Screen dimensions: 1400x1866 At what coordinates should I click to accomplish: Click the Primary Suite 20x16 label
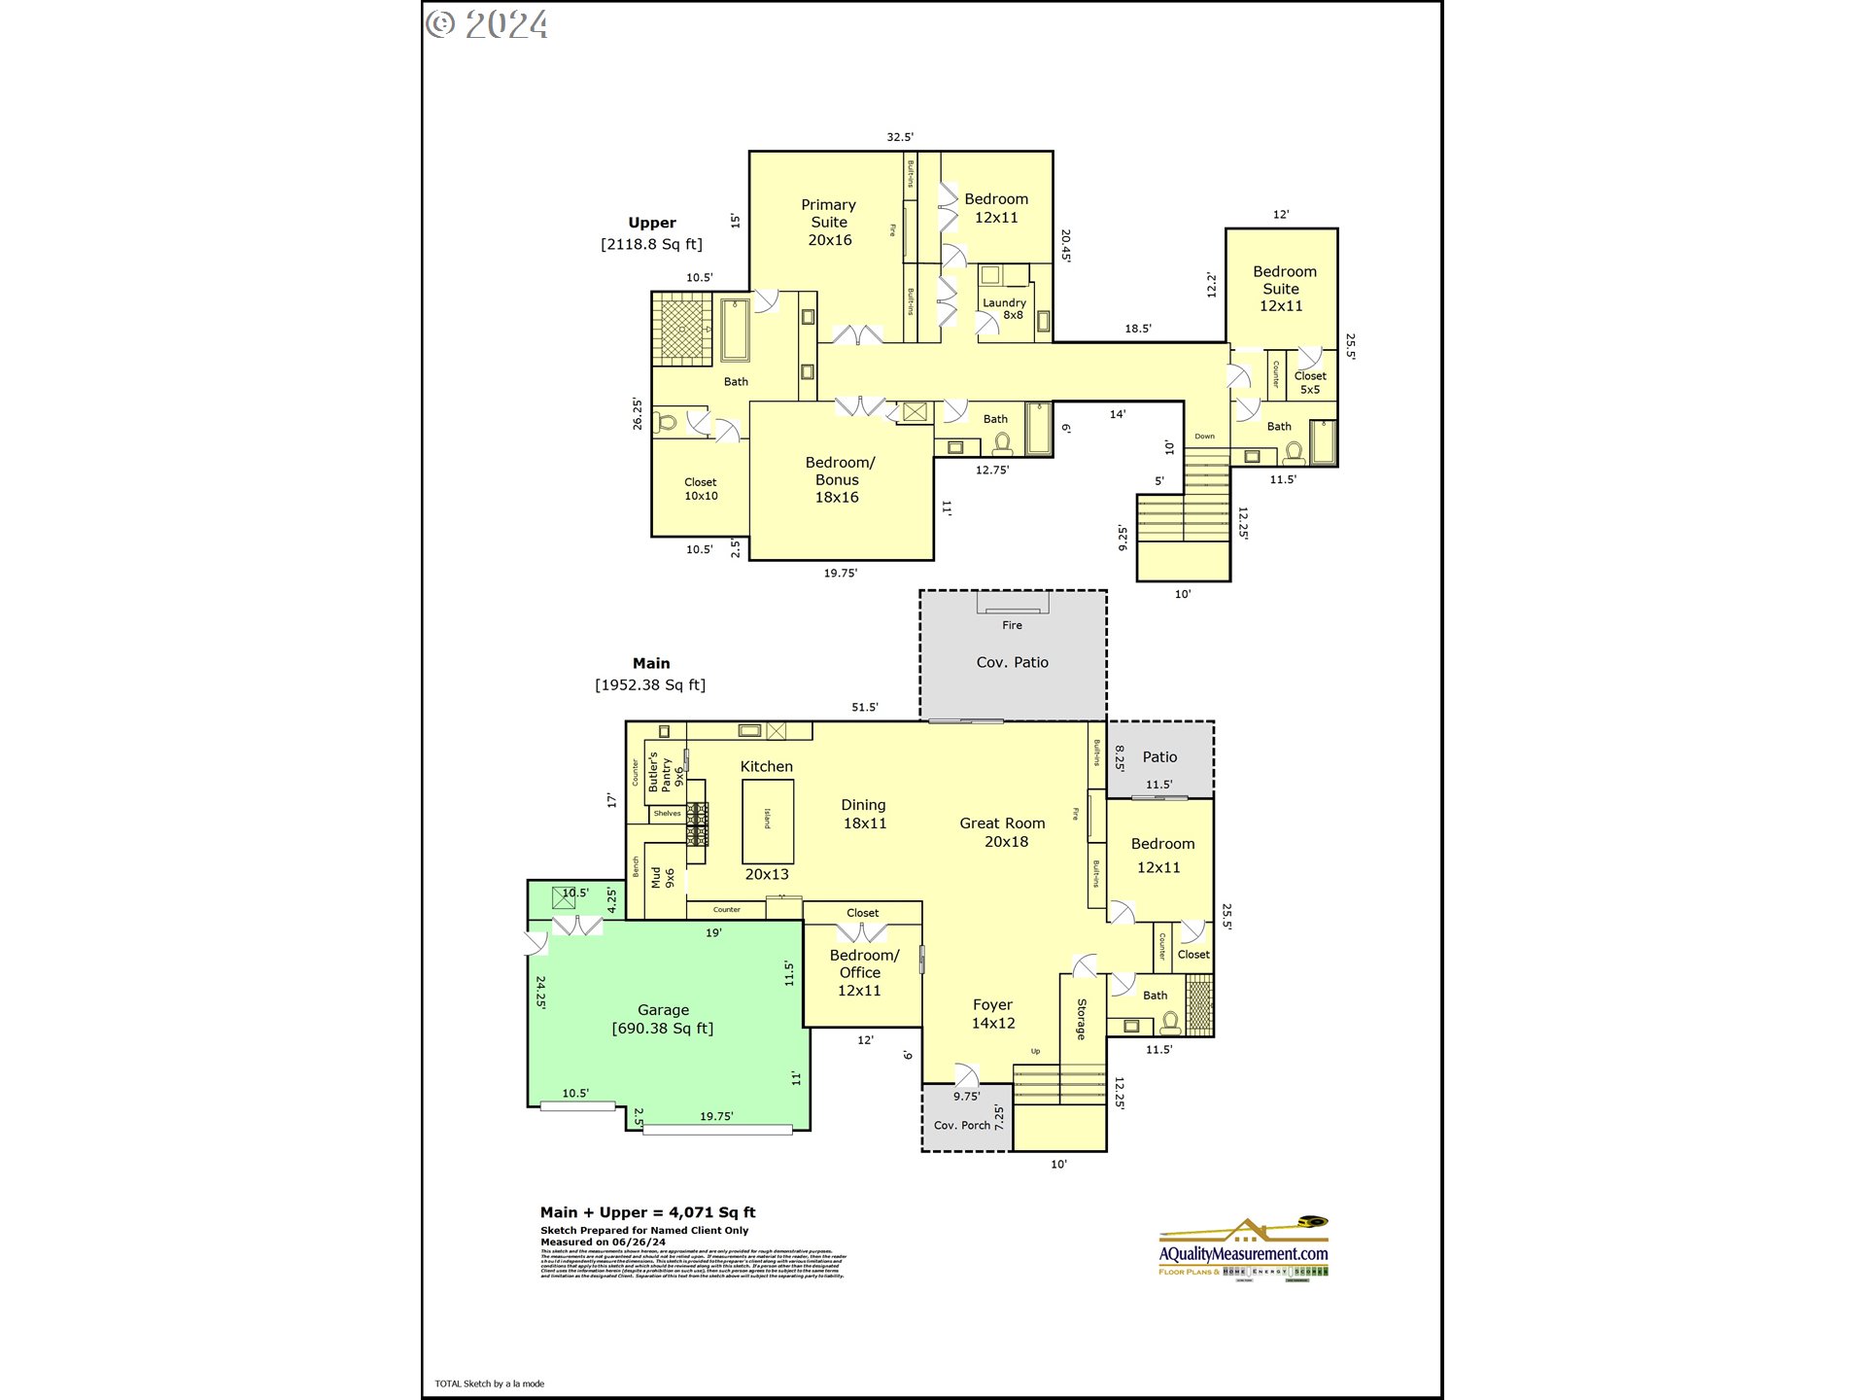tap(829, 223)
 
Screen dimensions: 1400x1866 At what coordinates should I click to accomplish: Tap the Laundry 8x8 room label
tap(1004, 308)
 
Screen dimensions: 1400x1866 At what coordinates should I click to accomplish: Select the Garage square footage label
tap(663, 1029)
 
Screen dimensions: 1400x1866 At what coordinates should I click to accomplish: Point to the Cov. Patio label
tap(1012, 662)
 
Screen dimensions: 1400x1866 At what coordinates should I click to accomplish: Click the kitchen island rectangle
tap(768, 821)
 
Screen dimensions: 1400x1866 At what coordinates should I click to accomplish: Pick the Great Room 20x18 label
tap(1003, 832)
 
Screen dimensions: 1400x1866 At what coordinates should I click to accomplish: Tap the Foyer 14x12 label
tap(992, 1014)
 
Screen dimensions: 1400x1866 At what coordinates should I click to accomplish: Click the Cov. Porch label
tap(961, 1125)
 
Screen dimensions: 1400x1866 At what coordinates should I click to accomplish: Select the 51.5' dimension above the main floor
tap(864, 707)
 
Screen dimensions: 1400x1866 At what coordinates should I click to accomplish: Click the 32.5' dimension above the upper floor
tap(899, 137)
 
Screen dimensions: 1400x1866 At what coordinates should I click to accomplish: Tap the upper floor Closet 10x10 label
tap(701, 489)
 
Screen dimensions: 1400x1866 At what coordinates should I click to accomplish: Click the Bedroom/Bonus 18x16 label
tap(838, 479)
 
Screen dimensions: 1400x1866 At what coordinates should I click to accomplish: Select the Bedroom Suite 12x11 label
tap(1283, 289)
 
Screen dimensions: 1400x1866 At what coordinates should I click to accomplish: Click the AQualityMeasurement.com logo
tap(1243, 1250)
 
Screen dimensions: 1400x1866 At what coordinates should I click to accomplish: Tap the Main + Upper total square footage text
tap(647, 1212)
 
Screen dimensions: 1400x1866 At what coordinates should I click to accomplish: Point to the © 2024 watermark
tap(487, 24)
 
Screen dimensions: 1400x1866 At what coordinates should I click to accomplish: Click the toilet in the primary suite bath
tap(666, 423)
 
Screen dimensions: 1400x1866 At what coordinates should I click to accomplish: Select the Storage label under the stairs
tap(1081, 1019)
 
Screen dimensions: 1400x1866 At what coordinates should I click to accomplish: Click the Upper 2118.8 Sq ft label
tap(651, 233)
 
